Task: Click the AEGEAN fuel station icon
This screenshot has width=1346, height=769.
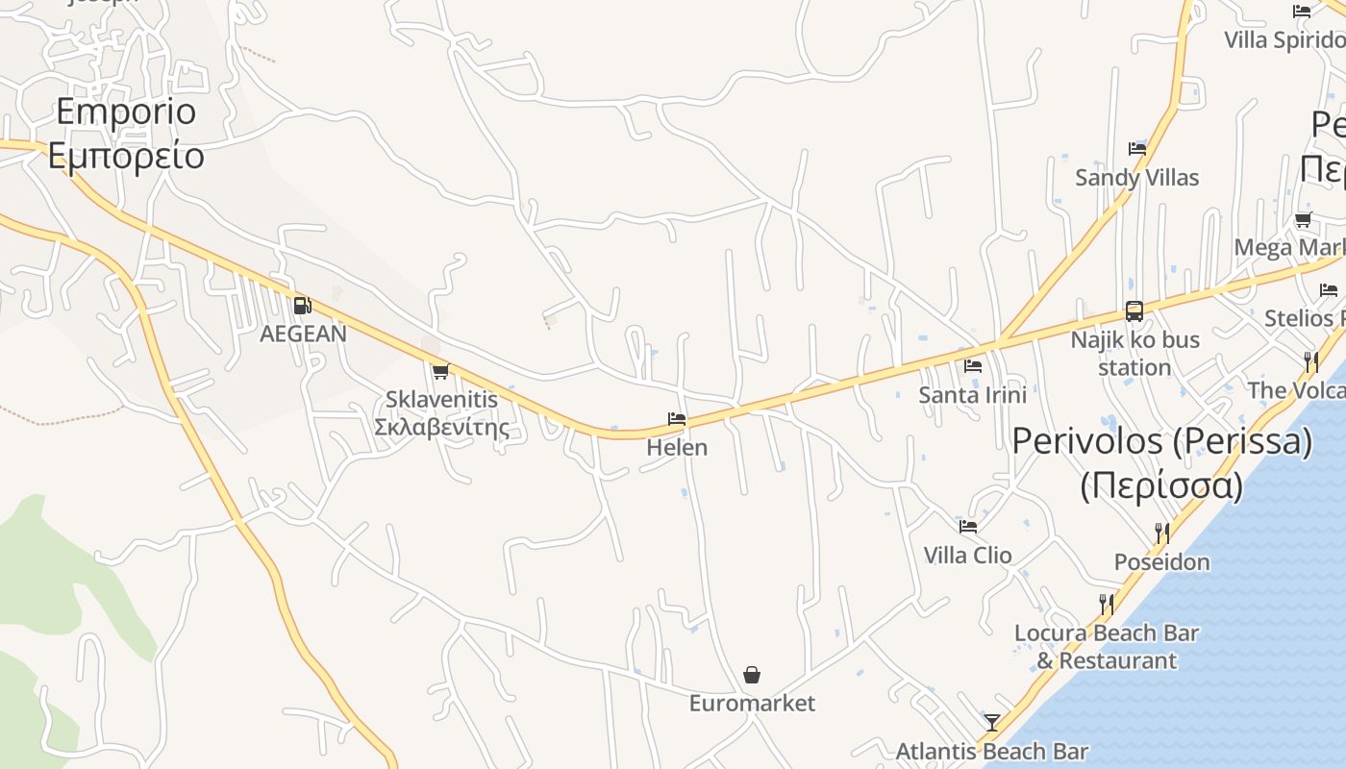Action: [x=302, y=306]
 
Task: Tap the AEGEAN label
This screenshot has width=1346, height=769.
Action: [x=303, y=334]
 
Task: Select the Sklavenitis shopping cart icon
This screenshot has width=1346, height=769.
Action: [x=440, y=371]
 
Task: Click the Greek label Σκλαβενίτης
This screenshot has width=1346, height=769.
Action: [x=441, y=426]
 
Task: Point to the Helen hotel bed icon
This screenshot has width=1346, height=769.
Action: [x=677, y=419]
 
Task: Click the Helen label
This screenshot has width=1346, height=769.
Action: [x=677, y=447]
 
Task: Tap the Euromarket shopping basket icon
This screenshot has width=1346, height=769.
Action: [x=752, y=675]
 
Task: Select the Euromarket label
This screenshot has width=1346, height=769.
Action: [x=752, y=703]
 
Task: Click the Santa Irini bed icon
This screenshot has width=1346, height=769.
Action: [x=973, y=366]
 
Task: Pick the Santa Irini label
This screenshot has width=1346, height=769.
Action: [x=972, y=394]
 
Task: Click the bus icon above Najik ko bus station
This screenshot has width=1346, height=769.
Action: [x=1134, y=311]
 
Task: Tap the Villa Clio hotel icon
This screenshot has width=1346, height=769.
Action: [x=968, y=527]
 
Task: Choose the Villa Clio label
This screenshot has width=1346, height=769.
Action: [x=967, y=555]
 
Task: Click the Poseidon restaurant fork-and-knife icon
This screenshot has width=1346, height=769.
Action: [x=1161, y=533]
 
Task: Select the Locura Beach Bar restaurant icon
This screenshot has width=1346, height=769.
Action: [x=1107, y=604]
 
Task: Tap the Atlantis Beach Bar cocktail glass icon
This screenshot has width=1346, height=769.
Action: [x=992, y=722]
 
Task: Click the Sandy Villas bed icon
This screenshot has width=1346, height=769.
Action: [x=1137, y=149]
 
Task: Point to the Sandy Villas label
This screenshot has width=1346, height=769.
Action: [x=1136, y=177]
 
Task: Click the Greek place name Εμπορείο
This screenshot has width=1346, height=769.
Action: [x=126, y=155]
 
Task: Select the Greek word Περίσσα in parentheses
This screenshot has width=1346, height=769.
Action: [x=1161, y=485]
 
